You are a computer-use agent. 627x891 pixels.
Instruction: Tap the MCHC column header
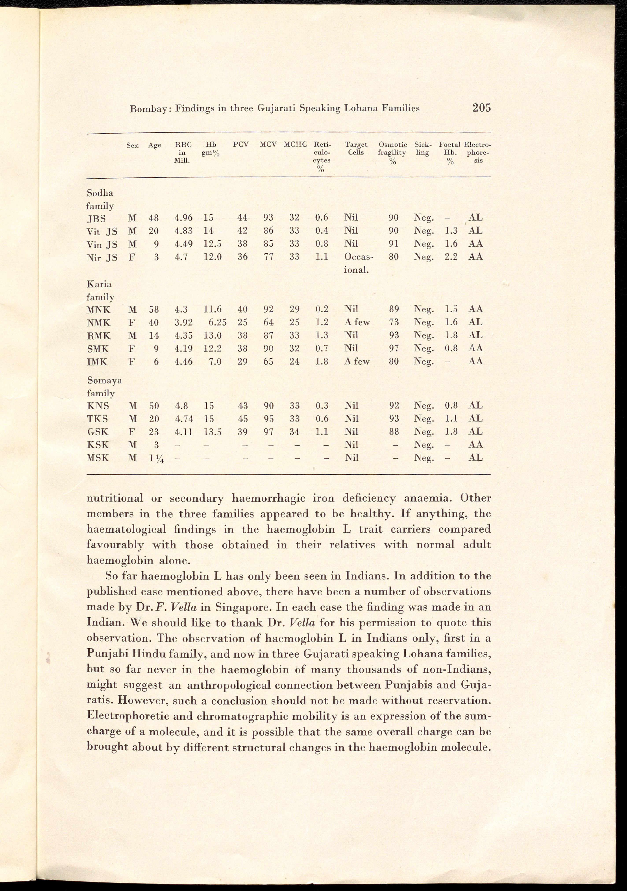click(x=295, y=145)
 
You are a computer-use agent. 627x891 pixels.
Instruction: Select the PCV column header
click(x=241, y=145)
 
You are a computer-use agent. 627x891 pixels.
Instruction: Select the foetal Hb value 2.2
click(x=451, y=257)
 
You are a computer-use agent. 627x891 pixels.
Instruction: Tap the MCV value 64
click(x=268, y=322)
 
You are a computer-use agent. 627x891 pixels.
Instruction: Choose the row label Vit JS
click(x=102, y=232)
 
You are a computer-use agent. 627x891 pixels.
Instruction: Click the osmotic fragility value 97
click(x=394, y=348)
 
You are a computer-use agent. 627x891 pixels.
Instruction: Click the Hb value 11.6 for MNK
click(x=213, y=309)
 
